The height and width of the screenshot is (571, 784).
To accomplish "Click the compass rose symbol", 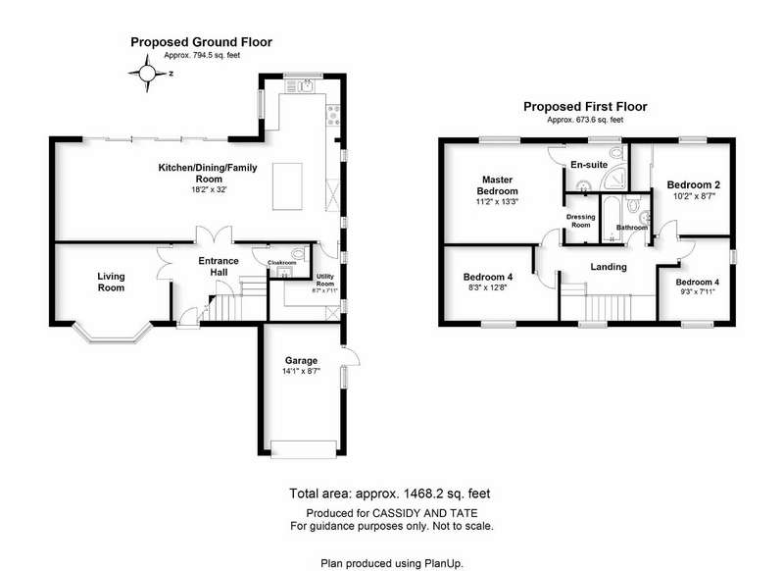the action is (x=147, y=74).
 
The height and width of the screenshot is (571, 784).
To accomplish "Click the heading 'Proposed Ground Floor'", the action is (x=202, y=42).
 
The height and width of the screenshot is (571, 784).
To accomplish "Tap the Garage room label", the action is (x=301, y=360).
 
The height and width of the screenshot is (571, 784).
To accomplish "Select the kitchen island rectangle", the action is (x=287, y=186).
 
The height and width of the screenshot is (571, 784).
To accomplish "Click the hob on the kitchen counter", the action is (x=333, y=115).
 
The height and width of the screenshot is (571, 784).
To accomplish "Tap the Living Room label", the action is (x=111, y=282).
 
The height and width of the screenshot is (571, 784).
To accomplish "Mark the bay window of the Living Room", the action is (x=112, y=333).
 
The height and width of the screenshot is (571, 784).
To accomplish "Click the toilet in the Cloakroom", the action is (x=302, y=251).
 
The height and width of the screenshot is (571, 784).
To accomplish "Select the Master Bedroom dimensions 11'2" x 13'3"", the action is (x=497, y=202).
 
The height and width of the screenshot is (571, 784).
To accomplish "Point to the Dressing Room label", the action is (x=580, y=221).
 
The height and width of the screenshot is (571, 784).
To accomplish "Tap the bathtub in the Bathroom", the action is (x=611, y=219).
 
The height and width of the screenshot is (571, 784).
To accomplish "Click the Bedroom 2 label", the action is (x=694, y=184).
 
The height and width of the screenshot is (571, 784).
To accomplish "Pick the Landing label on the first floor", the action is (x=609, y=267).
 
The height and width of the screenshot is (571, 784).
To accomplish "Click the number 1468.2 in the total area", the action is (x=424, y=493).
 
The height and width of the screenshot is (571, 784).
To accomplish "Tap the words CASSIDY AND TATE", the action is (x=424, y=513).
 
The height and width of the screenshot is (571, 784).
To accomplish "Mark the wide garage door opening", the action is (x=304, y=449).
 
